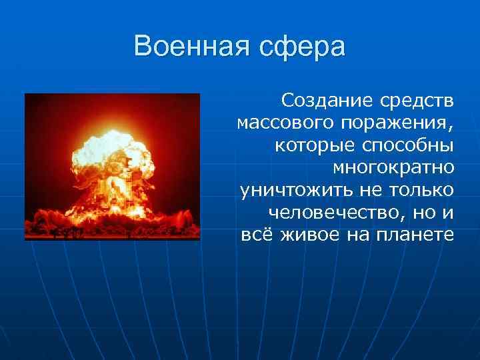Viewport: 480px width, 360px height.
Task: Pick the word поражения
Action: [x=392, y=124]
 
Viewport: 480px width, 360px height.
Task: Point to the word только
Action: [x=419, y=190]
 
